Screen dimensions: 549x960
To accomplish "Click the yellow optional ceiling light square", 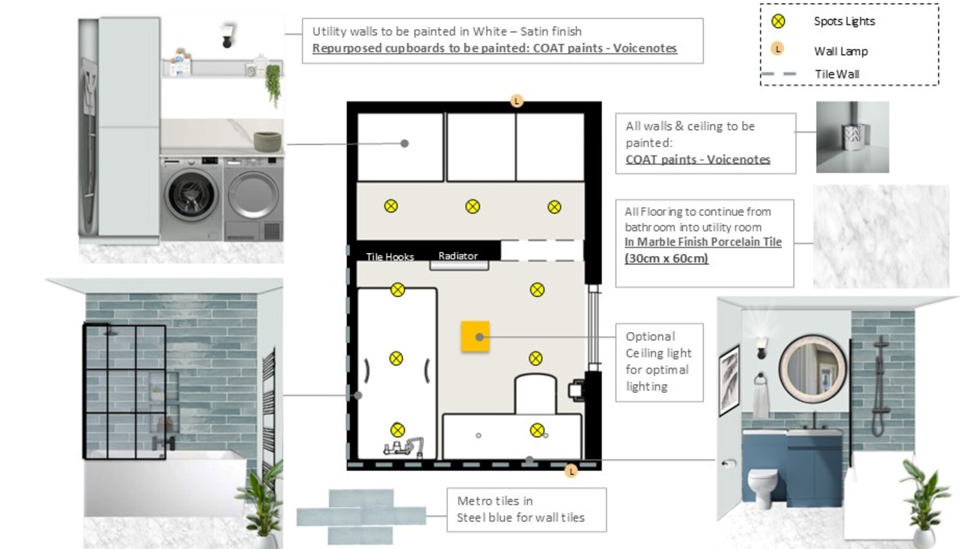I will pyautogui.click(x=475, y=337).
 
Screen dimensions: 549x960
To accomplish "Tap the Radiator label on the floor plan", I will pyautogui.click(x=458, y=255).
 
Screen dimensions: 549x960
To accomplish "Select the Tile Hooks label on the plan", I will pyautogui.click(x=390, y=257).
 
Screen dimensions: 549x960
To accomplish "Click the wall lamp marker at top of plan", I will pyautogui.click(x=517, y=101).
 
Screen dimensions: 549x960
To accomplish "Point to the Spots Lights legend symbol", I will pyautogui.click(x=779, y=21).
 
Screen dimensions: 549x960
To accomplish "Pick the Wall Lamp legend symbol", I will pyautogui.click(x=777, y=49).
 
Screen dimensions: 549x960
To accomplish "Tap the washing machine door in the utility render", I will pyautogui.click(x=190, y=195).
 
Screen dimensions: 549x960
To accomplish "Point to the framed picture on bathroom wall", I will pyautogui.click(x=729, y=380).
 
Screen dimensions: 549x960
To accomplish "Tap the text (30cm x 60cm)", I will pyautogui.click(x=666, y=258).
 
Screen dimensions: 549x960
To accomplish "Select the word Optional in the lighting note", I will pyautogui.click(x=650, y=336).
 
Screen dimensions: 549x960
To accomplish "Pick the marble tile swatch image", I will pyautogui.click(x=881, y=236).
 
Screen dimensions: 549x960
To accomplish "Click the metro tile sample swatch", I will pyautogui.click(x=361, y=516).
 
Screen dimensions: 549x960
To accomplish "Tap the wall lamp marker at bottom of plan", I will pyautogui.click(x=571, y=471).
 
